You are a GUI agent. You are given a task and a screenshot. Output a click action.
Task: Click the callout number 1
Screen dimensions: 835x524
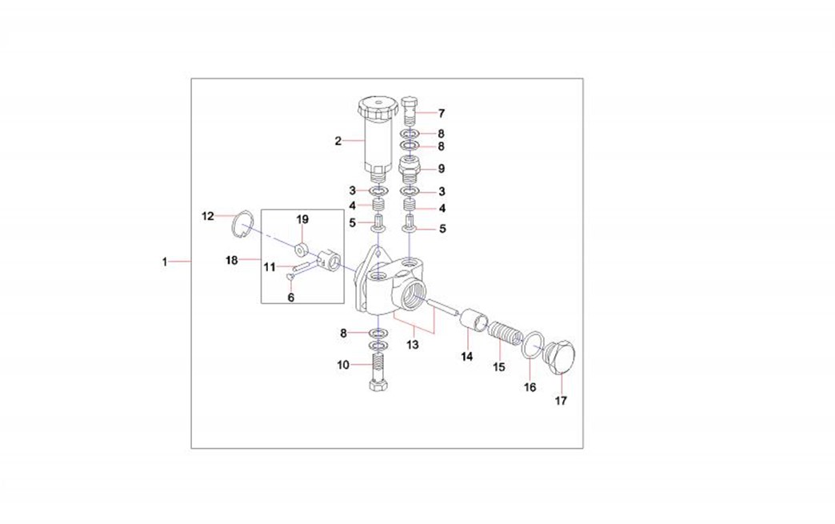pos(165,262)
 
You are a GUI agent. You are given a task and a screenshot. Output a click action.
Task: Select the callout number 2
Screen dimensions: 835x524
pos(338,141)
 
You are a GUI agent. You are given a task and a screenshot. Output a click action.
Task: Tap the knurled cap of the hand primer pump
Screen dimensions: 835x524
pos(378,108)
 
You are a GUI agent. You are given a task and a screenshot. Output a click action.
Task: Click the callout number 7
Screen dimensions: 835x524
pos(441,113)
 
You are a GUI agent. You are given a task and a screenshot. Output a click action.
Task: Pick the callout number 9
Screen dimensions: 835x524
pos(441,169)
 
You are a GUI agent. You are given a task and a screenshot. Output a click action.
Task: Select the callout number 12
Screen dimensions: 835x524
pos(208,216)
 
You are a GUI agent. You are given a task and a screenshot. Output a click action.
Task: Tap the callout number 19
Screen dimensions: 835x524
pos(302,219)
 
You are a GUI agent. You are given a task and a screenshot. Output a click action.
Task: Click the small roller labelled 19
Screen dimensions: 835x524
pos(303,249)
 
